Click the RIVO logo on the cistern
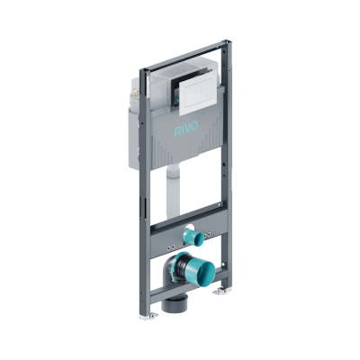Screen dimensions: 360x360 (x=186, y=129)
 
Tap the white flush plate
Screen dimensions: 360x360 (x=197, y=97)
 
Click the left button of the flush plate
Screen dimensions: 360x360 (x=191, y=94)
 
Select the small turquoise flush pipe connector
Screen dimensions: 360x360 (x=193, y=236)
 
